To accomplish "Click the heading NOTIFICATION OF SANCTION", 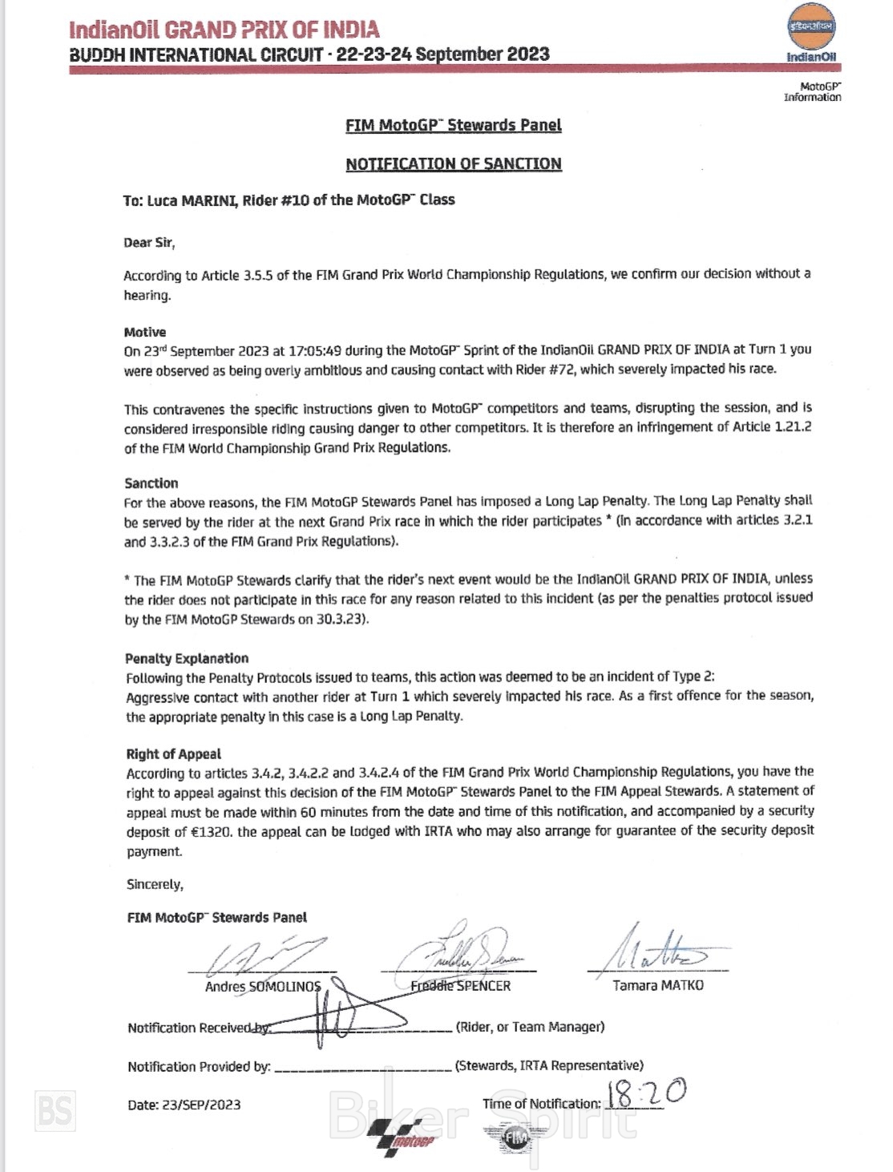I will tap(454, 164).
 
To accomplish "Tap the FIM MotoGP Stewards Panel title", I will tap(454, 125).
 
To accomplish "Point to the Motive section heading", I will tap(145, 332).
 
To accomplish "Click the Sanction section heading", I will tap(152, 483).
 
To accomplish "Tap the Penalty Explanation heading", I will tap(187, 658).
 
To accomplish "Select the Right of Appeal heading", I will tap(173, 754).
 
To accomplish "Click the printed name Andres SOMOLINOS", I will tap(263, 986).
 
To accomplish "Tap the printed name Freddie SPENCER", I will tap(461, 986).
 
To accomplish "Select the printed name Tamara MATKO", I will tap(658, 985).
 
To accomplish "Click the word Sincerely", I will tap(155, 884).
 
